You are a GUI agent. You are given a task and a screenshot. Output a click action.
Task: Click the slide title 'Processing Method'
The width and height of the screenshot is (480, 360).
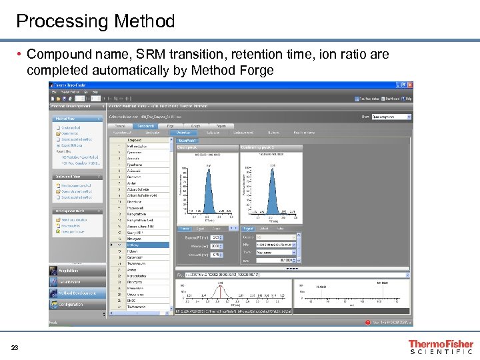click(x=95, y=21)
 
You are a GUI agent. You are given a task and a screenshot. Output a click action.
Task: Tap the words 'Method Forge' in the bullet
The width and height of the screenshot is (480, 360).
click(x=233, y=70)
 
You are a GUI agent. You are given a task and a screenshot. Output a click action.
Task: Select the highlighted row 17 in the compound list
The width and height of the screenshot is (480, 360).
click(x=140, y=245)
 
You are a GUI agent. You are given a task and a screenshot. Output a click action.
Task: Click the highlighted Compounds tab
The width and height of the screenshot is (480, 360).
click(x=145, y=125)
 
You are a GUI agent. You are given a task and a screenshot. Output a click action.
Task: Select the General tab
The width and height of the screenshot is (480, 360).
click(x=120, y=125)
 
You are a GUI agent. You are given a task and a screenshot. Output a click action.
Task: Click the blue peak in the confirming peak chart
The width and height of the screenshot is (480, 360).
click(x=273, y=190)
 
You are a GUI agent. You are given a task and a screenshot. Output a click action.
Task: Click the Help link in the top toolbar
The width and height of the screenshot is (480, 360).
click(x=409, y=99)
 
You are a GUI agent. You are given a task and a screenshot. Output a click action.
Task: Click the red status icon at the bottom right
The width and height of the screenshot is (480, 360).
click(x=367, y=323)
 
